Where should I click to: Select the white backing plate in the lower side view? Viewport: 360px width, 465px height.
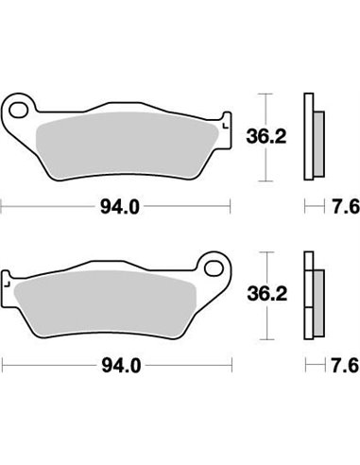coord(307,294)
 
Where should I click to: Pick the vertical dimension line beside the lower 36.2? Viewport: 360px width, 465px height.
coord(266,294)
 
